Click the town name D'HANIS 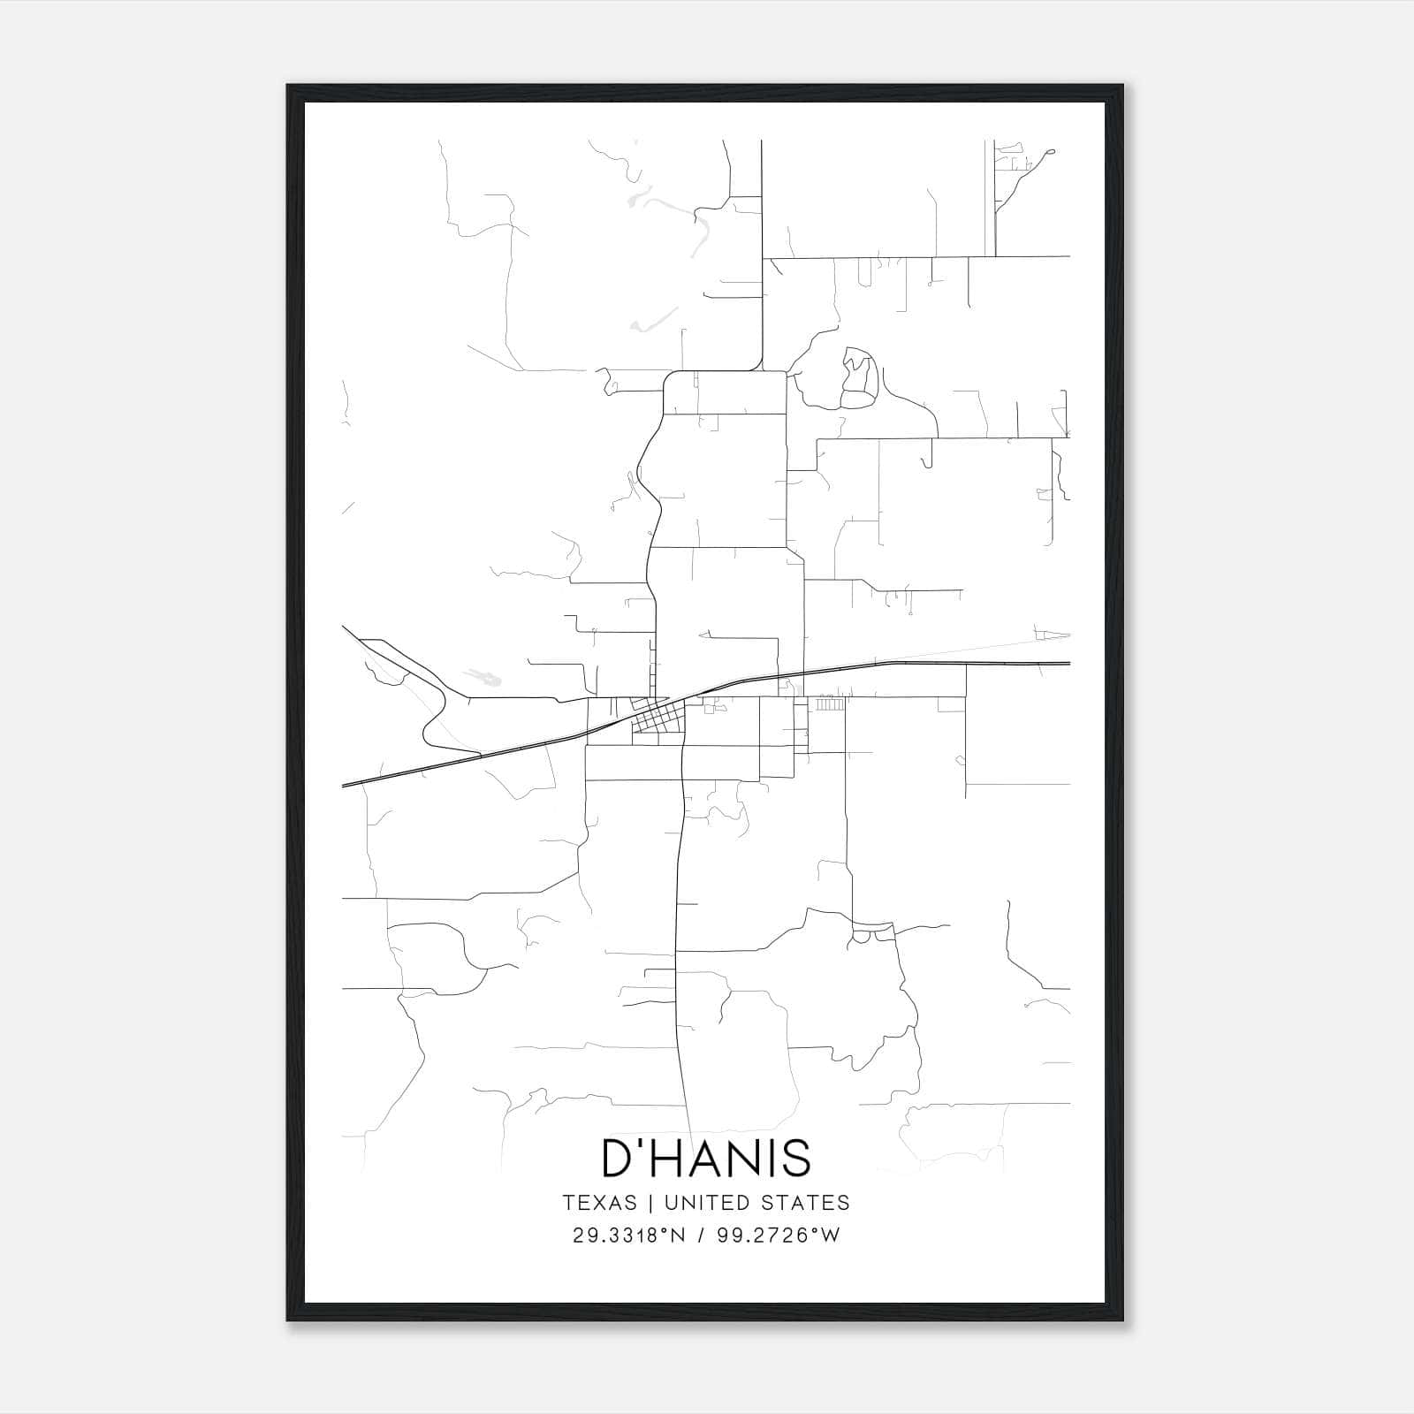coord(706,1158)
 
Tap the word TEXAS coord(599,1203)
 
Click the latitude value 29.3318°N coord(629,1235)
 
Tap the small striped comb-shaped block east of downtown coord(829,704)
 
